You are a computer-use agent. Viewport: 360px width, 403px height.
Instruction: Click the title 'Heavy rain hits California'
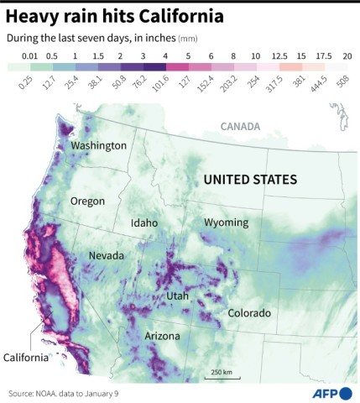coord(115,15)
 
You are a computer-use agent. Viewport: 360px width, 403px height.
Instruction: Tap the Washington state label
coord(98,146)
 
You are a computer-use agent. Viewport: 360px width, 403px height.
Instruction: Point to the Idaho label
coord(144,223)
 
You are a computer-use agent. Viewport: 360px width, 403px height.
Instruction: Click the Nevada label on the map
coord(107,255)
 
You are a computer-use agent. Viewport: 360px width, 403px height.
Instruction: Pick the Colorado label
coord(249,313)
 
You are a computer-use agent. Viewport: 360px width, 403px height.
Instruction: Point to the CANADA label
coord(241,127)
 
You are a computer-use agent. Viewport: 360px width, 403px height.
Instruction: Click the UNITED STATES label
coord(251,180)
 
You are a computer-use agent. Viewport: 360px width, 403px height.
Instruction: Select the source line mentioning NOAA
coord(64,393)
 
